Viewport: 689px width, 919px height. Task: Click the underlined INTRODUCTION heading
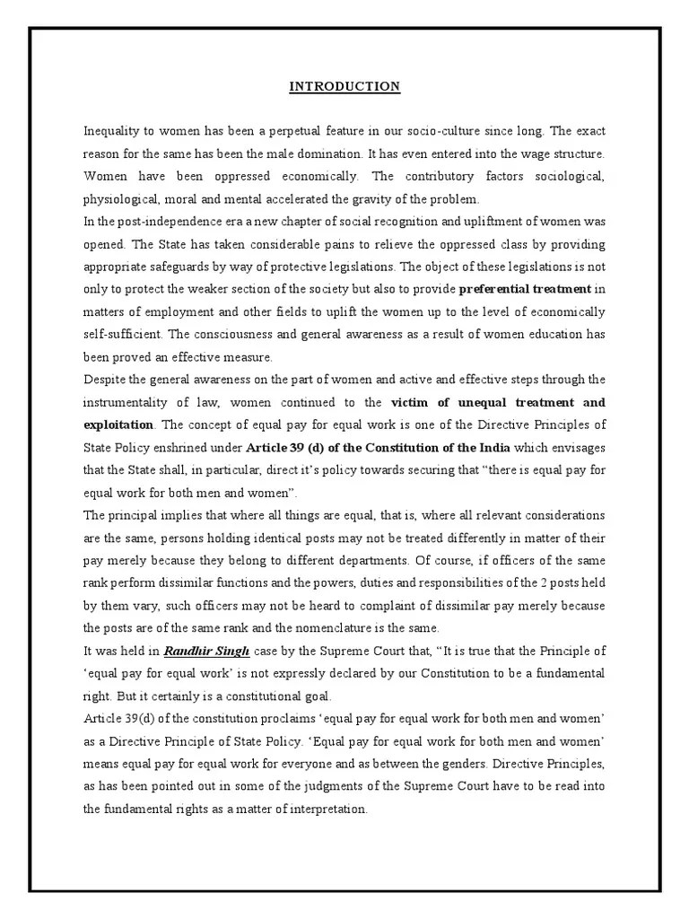coord(344,87)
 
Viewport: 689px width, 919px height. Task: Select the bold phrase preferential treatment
coord(525,289)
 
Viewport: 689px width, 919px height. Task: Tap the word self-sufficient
coord(121,334)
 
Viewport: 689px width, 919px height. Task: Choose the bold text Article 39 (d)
coord(277,446)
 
